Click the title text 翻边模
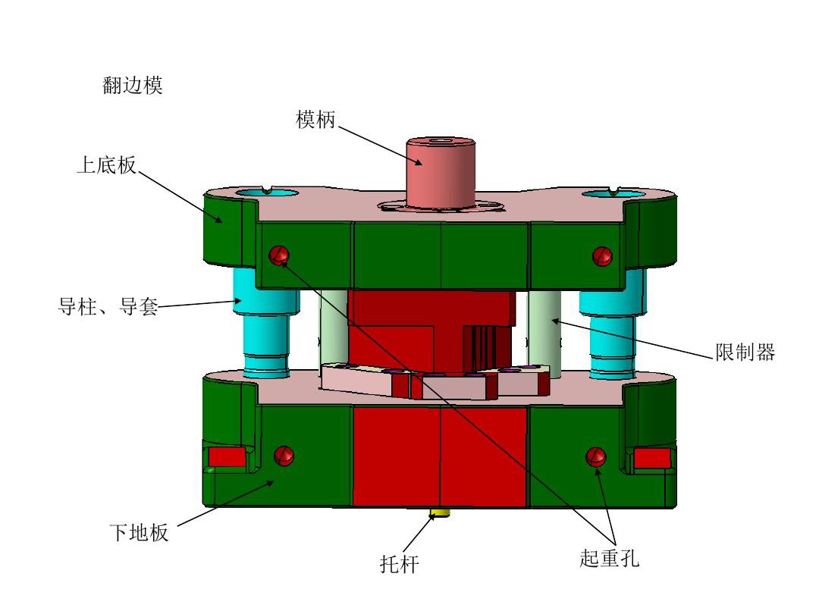click(133, 86)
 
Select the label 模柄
click(315, 120)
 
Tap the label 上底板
click(106, 165)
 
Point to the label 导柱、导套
click(108, 308)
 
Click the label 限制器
click(745, 352)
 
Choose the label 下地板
click(139, 533)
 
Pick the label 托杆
click(399, 564)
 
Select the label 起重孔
click(609, 559)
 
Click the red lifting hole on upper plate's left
click(278, 255)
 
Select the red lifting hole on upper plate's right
click(602, 256)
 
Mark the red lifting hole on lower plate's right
click(595, 456)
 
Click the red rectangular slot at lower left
click(226, 457)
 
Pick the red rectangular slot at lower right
click(652, 458)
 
